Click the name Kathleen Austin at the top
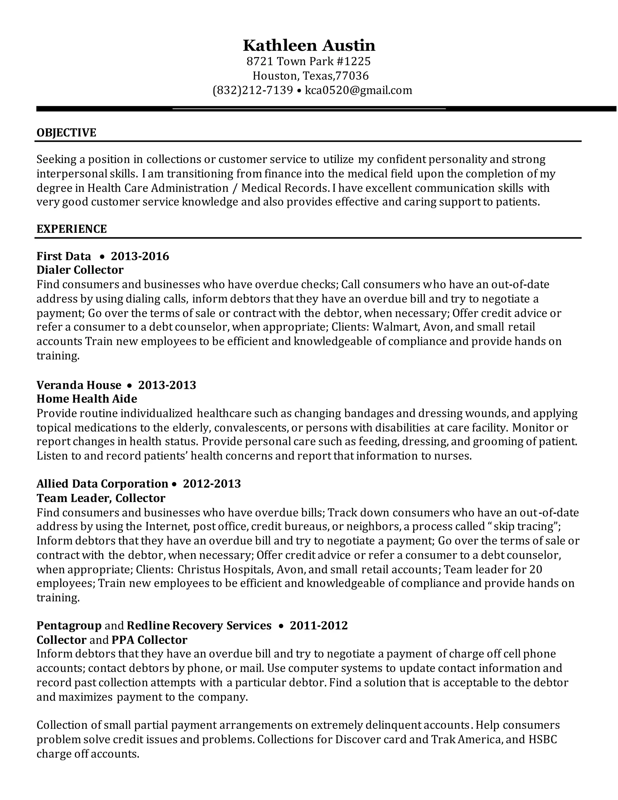coord(309,46)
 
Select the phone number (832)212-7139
coord(253,90)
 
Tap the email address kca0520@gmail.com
coord(358,90)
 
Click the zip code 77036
coord(352,76)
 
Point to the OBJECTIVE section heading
coord(66,133)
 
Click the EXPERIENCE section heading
coord(72,229)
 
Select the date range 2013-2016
coord(140,256)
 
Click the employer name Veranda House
coord(79,385)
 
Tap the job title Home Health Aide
coord(87,399)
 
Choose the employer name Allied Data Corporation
coord(102,484)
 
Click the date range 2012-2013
coord(212,484)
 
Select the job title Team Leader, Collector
coord(101,498)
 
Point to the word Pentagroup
coord(69,626)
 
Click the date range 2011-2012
coord(319,626)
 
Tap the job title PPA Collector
coord(149,640)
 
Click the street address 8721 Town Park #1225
coord(309,61)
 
